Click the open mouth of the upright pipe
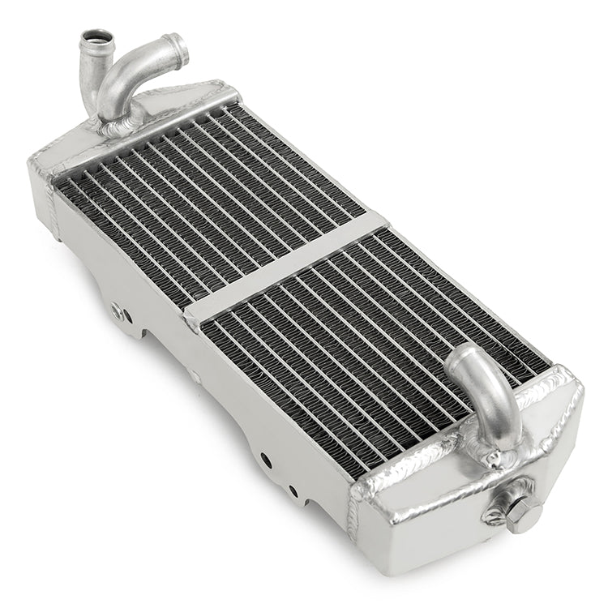tap(95, 36)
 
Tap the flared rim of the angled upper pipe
tap(177, 49)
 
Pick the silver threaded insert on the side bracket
tap(118, 310)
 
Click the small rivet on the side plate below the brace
tap(195, 377)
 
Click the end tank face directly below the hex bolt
tap(486, 551)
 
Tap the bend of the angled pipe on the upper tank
tap(122, 77)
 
